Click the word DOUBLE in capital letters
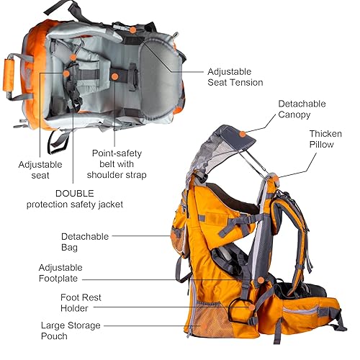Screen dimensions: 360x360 (x=75, y=193)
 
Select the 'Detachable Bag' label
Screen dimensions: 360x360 (x=84, y=241)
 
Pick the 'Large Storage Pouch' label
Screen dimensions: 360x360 (x=70, y=330)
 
